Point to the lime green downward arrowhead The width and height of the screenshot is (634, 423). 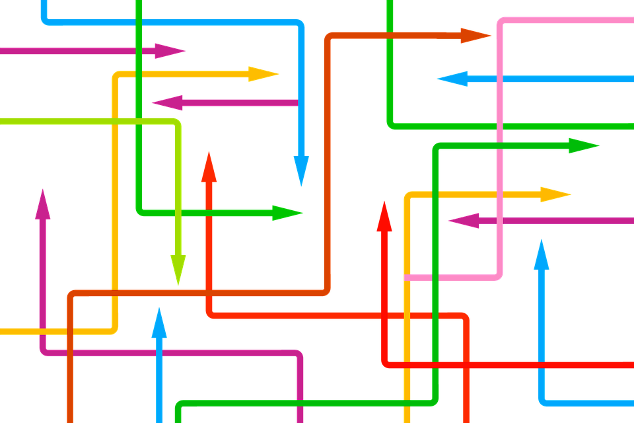[x=178, y=270]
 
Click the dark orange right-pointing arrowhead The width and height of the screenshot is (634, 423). [x=475, y=36]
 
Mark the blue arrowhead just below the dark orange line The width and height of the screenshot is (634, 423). [x=159, y=323]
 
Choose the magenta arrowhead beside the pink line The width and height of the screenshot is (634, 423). [x=464, y=221]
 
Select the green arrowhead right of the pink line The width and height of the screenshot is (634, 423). [x=583, y=146]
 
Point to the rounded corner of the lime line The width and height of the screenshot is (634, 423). [x=176, y=124]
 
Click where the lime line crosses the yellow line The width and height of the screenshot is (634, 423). [x=115, y=121]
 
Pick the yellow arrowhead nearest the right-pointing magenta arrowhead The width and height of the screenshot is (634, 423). [x=264, y=74]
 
